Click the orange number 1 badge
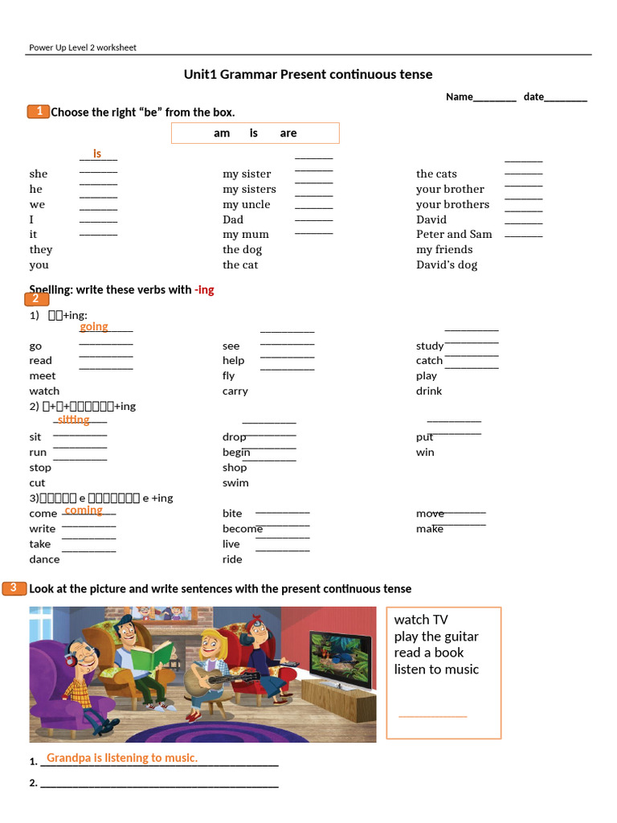click(x=39, y=112)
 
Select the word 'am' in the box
click(x=222, y=133)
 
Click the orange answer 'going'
click(x=94, y=326)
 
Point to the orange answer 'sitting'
click(x=73, y=420)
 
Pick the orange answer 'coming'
click(x=84, y=510)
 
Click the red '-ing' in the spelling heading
click(x=204, y=289)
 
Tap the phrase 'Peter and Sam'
click(x=454, y=235)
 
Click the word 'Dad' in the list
click(x=233, y=219)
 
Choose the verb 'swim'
click(x=235, y=483)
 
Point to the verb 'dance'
click(x=44, y=559)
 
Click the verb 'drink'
click(x=429, y=391)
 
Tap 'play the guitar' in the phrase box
click(x=435, y=637)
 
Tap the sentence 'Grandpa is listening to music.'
click(x=122, y=758)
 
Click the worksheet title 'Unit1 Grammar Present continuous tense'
click(x=308, y=75)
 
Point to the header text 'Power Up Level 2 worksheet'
click(x=83, y=47)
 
